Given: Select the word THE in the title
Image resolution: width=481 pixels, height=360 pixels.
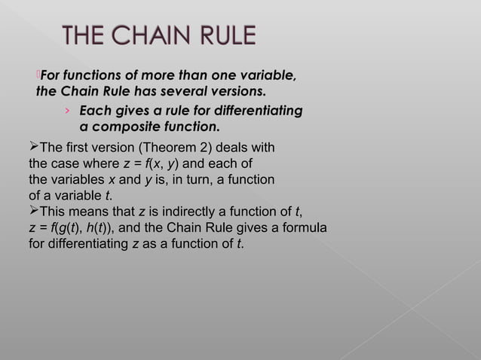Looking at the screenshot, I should click(x=87, y=37).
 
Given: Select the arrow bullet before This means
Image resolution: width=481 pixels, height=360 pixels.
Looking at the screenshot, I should click(x=32, y=212).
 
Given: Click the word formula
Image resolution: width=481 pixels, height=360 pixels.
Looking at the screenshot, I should click(x=302, y=229).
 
